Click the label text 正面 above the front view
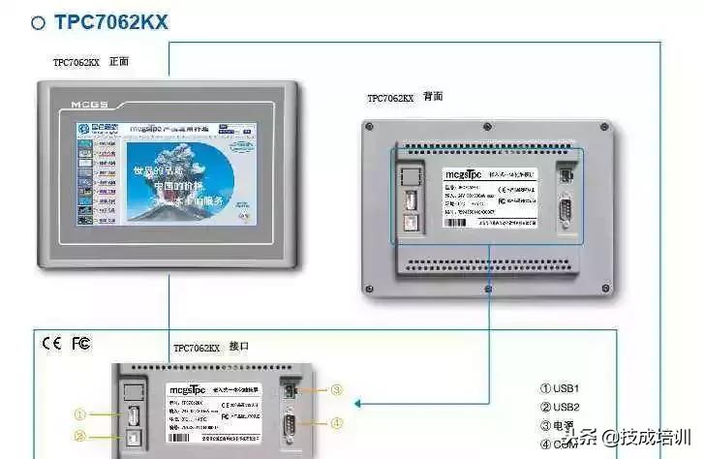click(119, 62)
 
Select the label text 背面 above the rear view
click(433, 97)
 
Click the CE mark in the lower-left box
click(51, 343)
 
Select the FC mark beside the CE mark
click(81, 343)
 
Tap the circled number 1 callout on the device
click(81, 415)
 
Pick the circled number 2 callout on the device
click(81, 437)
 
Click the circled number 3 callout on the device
click(336, 390)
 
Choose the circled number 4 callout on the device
click(336, 422)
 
